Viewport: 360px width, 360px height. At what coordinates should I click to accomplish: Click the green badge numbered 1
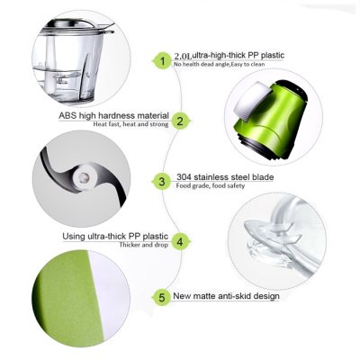(x=163, y=61)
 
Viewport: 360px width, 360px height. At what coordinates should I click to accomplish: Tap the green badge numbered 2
(x=180, y=121)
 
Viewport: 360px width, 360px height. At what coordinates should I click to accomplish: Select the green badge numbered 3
(x=162, y=182)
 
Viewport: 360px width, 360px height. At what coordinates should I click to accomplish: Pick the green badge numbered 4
(x=180, y=241)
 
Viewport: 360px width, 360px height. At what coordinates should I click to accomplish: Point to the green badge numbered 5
(x=162, y=297)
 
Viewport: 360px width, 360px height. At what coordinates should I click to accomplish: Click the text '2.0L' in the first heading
(x=183, y=56)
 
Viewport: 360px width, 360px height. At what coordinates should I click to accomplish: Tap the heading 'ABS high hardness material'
(x=113, y=116)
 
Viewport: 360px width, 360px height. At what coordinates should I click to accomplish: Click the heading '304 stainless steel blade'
(x=225, y=176)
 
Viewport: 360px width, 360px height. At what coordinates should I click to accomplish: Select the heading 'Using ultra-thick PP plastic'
(x=115, y=237)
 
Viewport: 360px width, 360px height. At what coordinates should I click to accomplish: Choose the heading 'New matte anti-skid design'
(x=226, y=296)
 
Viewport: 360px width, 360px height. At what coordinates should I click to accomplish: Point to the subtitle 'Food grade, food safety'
(x=211, y=185)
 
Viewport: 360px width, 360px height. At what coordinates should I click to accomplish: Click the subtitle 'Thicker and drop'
(x=144, y=245)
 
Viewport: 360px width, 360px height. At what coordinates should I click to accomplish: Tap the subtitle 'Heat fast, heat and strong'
(x=130, y=124)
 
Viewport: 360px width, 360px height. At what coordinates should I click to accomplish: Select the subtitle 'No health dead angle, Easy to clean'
(x=219, y=64)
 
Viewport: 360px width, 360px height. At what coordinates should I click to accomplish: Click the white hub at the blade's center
(x=85, y=177)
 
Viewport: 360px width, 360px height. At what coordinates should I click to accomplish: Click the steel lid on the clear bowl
(x=78, y=26)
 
